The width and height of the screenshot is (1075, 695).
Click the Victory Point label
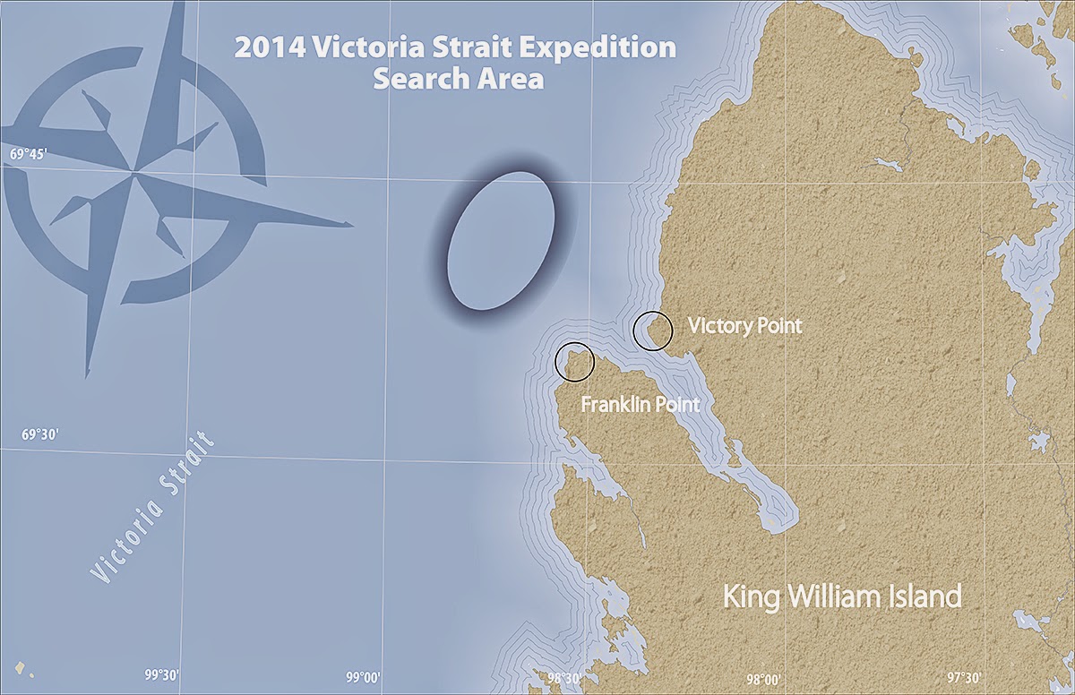pos(744,326)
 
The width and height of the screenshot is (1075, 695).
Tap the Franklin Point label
pos(640,405)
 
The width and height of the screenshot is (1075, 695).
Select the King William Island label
pos(841,596)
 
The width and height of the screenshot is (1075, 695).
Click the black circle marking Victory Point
pos(653,330)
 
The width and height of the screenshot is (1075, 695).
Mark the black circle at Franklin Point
pos(575,361)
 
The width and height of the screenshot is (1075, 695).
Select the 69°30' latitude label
pos(40,434)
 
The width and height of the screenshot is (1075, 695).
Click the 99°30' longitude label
pos(162,675)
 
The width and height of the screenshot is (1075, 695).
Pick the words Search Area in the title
pos(459,78)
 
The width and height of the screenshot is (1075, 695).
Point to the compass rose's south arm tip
pos(88,374)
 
